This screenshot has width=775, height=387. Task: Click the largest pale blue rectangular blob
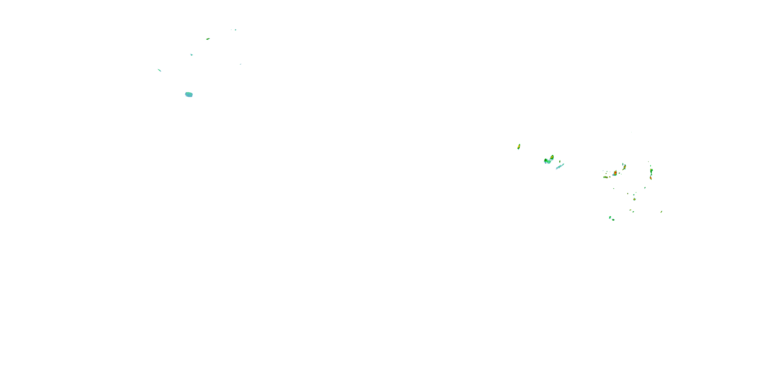click(189, 95)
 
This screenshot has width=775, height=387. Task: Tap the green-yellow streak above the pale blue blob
click(208, 39)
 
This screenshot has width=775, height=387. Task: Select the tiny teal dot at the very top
click(236, 30)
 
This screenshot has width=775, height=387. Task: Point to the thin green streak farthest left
click(159, 70)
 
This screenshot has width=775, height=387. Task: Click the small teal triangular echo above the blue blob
click(191, 55)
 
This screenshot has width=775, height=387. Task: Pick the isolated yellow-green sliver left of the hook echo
click(519, 147)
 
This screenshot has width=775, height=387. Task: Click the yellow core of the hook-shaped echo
click(552, 157)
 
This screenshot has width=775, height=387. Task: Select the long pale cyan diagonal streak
click(560, 166)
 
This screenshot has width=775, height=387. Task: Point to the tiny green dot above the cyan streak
click(560, 161)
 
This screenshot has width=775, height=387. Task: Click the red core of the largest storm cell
click(615, 173)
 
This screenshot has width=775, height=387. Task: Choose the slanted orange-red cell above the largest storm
click(625, 167)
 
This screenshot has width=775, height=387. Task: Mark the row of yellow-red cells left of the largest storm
click(606, 177)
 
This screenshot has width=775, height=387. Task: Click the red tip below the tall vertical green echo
click(651, 178)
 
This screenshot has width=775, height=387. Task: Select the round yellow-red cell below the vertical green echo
click(634, 199)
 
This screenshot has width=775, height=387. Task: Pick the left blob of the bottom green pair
click(610, 217)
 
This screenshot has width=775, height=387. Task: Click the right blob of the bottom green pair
click(613, 220)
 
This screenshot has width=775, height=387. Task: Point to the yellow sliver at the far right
click(661, 212)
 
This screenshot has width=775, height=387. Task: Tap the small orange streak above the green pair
click(630, 210)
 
